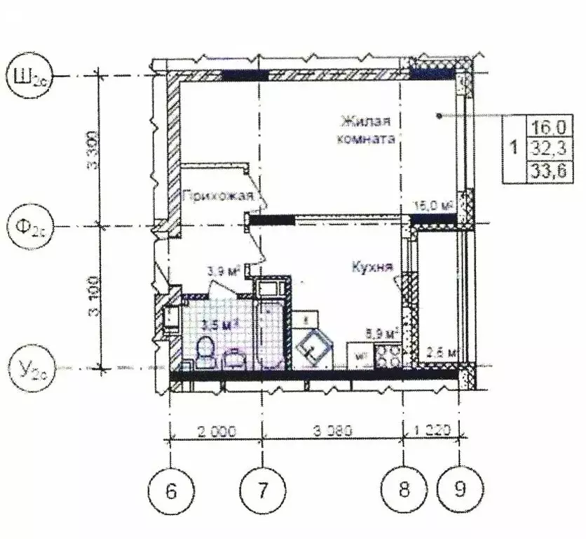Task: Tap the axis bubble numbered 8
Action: (x=404, y=489)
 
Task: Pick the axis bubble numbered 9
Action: (x=459, y=489)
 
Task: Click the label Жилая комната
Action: (x=365, y=129)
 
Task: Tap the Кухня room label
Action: (x=371, y=267)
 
